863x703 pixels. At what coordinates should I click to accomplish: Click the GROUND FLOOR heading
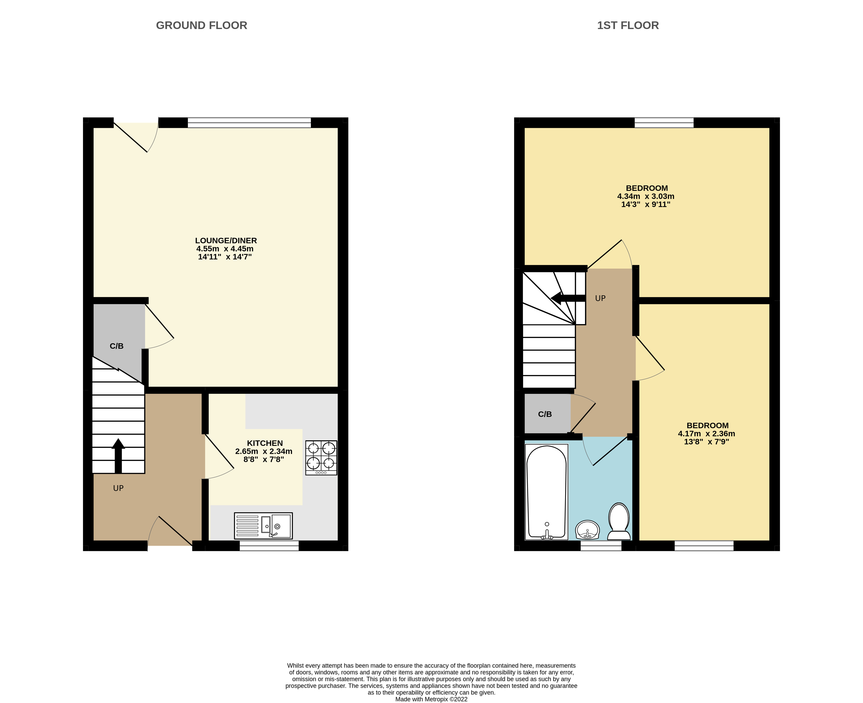click(x=201, y=26)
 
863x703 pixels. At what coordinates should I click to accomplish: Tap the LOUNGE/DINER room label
click(x=226, y=241)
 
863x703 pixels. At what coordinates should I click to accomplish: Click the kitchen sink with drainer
click(x=263, y=526)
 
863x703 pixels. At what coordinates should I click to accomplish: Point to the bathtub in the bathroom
click(x=546, y=492)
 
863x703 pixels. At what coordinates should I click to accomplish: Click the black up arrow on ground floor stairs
click(x=118, y=455)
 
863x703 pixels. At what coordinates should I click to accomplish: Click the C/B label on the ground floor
click(x=117, y=346)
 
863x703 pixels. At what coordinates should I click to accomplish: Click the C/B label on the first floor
click(x=545, y=414)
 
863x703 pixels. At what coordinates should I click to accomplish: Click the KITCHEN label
click(x=265, y=443)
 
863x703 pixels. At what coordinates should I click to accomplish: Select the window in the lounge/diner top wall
click(x=249, y=123)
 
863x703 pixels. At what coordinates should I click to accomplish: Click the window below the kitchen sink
click(x=269, y=546)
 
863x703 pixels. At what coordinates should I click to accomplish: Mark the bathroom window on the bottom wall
click(x=601, y=546)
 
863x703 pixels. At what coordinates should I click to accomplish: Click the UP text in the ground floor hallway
click(x=118, y=488)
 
